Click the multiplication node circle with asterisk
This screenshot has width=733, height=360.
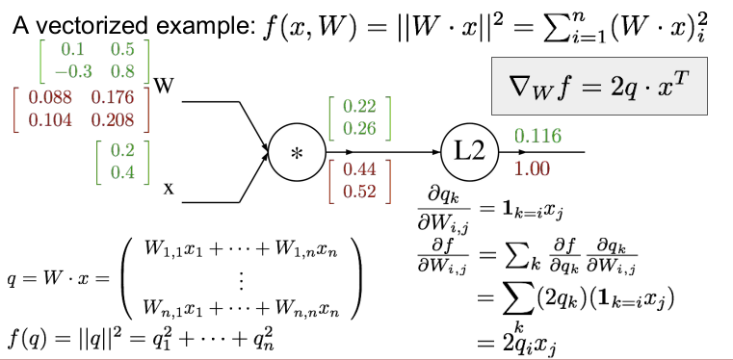click(x=298, y=153)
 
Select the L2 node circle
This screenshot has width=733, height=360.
click(x=470, y=152)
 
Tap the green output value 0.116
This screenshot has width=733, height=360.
click(x=537, y=137)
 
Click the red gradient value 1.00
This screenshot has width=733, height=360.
click(x=532, y=169)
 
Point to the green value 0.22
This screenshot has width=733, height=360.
click(x=359, y=108)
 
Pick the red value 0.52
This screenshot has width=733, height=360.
click(x=359, y=192)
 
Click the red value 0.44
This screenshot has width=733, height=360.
click(x=359, y=170)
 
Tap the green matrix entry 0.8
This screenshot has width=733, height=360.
click(x=123, y=71)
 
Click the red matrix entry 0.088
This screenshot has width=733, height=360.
click(x=50, y=97)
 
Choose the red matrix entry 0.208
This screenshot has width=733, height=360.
click(x=113, y=120)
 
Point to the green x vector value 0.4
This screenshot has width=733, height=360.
click(x=123, y=172)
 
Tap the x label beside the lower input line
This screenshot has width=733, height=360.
click(x=169, y=189)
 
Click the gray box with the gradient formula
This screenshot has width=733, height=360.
click(x=599, y=86)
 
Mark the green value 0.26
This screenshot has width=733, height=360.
click(x=359, y=128)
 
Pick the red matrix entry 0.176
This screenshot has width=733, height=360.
click(x=113, y=97)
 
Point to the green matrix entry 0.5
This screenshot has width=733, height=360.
click(x=123, y=49)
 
